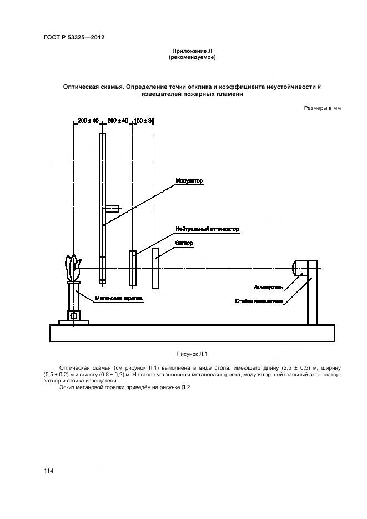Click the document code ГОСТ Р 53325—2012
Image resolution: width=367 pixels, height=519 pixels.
pos(74,37)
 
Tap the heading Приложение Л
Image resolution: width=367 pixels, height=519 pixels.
pos(192,51)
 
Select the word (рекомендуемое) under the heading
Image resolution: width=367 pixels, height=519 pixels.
pos(192,57)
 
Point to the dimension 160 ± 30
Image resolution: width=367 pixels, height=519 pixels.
pos(144,120)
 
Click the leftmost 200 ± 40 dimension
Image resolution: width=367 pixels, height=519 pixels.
pos(88,120)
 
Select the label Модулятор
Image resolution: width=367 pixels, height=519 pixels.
pos(189,181)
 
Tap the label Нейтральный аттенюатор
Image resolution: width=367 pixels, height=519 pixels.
pos(198,228)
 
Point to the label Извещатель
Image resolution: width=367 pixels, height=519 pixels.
pos(268,288)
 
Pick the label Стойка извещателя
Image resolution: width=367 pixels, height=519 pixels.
pos(259,301)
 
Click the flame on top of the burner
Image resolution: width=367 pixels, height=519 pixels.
pos(73,269)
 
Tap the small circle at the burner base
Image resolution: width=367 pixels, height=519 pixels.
pos(73,315)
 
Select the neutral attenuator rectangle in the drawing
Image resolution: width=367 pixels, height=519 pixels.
pos(133,268)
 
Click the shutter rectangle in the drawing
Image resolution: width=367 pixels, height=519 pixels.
pos(156,268)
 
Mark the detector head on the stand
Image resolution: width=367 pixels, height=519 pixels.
pos(301,268)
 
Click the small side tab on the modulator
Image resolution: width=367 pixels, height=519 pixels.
pos(112,209)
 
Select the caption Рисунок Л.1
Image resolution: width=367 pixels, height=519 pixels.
pos(191,354)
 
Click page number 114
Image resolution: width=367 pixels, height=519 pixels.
pos(48,471)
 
